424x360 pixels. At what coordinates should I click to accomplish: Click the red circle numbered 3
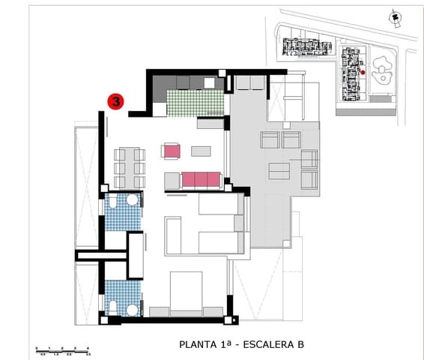tap(116, 100)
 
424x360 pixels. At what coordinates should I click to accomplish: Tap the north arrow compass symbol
tap(393, 16)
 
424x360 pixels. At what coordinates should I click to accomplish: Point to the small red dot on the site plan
tap(363, 72)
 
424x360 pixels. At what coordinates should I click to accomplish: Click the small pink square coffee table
tap(172, 151)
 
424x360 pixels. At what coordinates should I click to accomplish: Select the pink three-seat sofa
tap(201, 179)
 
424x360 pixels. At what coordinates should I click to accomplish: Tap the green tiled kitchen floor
tap(195, 103)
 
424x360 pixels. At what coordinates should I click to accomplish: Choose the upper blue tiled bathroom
tap(122, 212)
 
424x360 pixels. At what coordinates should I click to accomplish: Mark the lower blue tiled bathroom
tap(122, 296)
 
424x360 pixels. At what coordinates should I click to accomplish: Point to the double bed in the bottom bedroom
tap(186, 292)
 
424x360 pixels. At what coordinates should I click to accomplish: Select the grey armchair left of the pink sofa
tap(172, 180)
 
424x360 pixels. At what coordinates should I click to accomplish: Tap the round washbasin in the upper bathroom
tap(132, 200)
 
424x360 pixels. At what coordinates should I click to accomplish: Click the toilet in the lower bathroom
tap(112, 306)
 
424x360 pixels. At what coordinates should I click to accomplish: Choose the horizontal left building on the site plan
tap(306, 48)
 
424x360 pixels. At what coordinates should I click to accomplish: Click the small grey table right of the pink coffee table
tap(201, 151)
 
